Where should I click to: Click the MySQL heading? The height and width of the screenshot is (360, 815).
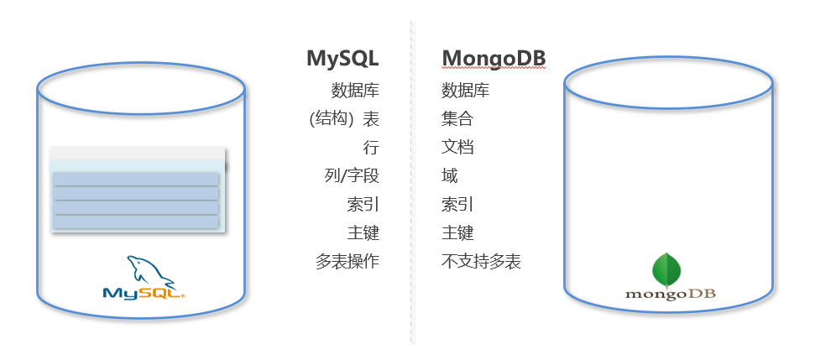click(x=342, y=58)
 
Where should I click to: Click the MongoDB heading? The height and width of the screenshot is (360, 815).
click(x=494, y=58)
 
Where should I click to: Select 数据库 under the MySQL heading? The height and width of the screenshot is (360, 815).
click(x=355, y=91)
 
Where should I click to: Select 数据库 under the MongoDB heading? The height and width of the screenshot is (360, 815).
click(x=465, y=91)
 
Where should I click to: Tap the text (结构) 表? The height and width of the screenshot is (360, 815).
click(x=344, y=119)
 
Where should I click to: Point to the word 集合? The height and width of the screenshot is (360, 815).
click(x=457, y=119)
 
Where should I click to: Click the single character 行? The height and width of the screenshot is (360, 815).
click(x=371, y=148)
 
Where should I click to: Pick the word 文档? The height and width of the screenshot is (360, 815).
click(x=457, y=148)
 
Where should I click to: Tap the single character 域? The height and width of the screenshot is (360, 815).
click(x=450, y=176)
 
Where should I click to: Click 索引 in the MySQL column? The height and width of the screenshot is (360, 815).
click(x=363, y=205)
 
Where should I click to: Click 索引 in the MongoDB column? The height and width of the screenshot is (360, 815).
click(x=457, y=205)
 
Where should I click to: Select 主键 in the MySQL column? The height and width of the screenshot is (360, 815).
click(x=363, y=233)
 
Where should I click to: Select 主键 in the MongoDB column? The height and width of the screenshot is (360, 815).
click(x=457, y=233)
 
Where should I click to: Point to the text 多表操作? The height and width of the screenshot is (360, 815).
click(x=347, y=262)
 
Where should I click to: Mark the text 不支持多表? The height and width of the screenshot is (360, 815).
click(x=481, y=262)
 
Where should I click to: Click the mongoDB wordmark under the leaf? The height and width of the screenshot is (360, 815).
click(x=668, y=295)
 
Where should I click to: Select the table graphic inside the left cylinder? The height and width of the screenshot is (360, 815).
click(x=137, y=190)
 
